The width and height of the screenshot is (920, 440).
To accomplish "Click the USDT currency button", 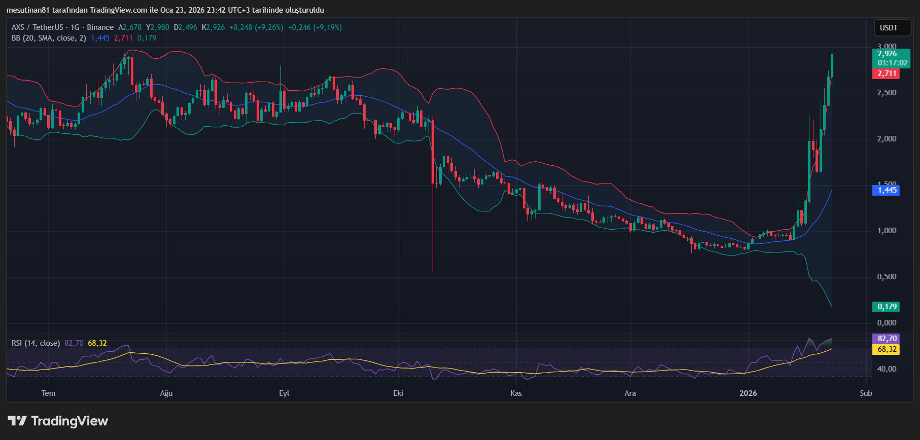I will click(889, 28).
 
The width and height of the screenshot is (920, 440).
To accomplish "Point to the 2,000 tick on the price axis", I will click(887, 139).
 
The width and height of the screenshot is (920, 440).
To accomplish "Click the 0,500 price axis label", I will click(887, 277).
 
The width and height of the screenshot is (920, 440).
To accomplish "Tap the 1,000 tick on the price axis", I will click(887, 231).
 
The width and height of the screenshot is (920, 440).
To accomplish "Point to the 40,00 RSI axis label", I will click(887, 369).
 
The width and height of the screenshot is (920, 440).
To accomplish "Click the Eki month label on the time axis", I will click(398, 393).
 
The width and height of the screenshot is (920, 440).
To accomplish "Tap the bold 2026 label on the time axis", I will click(748, 393).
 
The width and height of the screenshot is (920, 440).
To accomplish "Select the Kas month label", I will click(516, 393).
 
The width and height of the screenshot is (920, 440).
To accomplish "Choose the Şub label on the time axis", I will click(866, 393).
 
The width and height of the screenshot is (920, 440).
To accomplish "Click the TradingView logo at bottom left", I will click(58, 421).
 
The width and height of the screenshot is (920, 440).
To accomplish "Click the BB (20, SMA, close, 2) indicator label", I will click(49, 38).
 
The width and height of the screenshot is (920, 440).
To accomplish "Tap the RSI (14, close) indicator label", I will click(36, 343).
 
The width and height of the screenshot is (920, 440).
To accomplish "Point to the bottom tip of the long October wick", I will click(433, 272).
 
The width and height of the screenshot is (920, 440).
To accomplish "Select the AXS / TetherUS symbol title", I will click(37, 27).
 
